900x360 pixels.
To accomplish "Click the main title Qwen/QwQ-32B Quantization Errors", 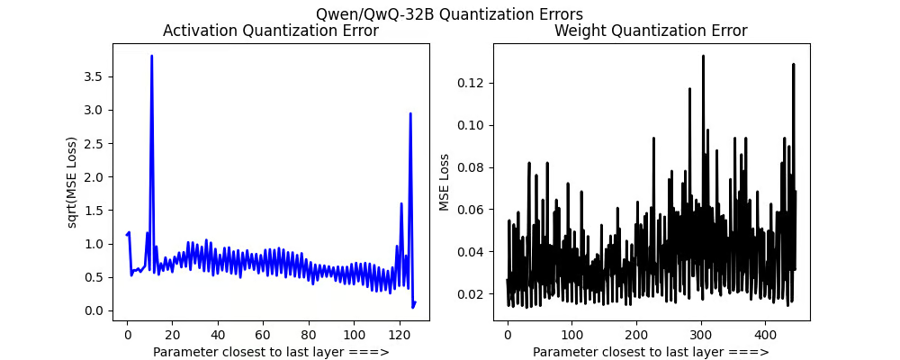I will click(x=449, y=13).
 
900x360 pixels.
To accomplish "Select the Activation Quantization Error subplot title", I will click(x=270, y=31).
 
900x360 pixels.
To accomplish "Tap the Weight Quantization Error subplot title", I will click(x=651, y=31).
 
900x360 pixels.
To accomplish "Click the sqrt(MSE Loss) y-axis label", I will click(x=73, y=182).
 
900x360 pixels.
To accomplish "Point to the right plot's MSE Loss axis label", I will click(x=444, y=182).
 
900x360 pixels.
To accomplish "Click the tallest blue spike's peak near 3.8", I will click(x=151, y=56).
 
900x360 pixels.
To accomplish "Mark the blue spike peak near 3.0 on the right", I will click(x=410, y=113).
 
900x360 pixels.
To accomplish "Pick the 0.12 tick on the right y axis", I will click(x=477, y=83).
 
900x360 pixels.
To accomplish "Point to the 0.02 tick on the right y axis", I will click(x=477, y=293).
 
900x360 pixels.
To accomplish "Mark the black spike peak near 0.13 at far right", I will click(x=793, y=64).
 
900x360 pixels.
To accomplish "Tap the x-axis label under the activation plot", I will click(x=270, y=351).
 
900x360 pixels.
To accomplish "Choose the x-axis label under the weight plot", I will click(x=651, y=351).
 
